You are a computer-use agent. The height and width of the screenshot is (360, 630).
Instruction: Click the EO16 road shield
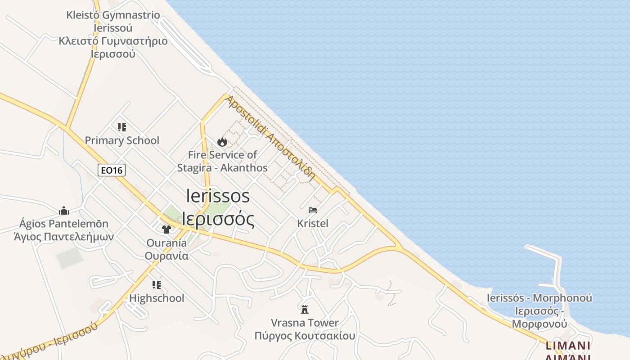click(x=112, y=170)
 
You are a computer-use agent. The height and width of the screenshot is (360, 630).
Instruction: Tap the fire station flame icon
click(x=222, y=142)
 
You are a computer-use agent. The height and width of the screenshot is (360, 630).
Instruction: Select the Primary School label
click(x=122, y=140)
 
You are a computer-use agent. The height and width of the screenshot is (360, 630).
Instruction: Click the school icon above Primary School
click(x=122, y=127)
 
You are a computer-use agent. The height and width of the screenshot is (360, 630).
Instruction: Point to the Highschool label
click(x=157, y=298)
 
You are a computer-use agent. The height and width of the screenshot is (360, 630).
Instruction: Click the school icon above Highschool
click(x=157, y=285)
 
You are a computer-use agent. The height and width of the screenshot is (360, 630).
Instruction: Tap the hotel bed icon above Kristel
click(x=313, y=210)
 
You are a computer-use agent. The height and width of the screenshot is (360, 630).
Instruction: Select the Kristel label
click(x=313, y=223)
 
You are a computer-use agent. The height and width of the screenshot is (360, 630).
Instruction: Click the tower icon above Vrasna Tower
click(x=305, y=309)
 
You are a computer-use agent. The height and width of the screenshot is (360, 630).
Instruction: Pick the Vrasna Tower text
click(x=305, y=323)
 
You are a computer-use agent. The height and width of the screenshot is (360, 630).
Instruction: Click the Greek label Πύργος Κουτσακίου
click(x=305, y=336)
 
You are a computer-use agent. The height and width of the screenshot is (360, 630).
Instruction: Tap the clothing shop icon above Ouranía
click(x=166, y=229)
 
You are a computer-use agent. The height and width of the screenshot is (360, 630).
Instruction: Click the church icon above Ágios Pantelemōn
click(x=64, y=211)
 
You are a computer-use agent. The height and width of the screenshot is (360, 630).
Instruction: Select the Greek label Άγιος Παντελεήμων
click(x=64, y=237)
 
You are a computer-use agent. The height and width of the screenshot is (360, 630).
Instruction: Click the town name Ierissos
click(x=218, y=196)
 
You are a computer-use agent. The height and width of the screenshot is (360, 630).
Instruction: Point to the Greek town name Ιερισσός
click(x=218, y=219)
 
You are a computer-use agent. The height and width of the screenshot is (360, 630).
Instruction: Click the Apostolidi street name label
click(x=270, y=137)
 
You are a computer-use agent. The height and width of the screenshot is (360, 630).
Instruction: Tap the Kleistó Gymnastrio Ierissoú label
click(x=113, y=21)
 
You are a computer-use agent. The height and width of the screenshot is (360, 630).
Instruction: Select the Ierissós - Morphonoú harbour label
click(x=540, y=298)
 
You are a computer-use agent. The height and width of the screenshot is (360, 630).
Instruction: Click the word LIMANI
click(x=567, y=346)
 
